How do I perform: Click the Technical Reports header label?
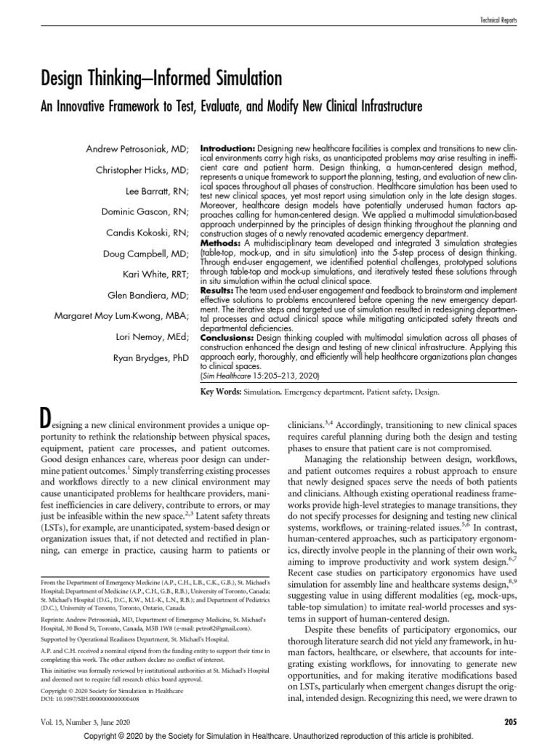click(499, 22)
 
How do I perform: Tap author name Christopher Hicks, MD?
click(142, 171)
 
